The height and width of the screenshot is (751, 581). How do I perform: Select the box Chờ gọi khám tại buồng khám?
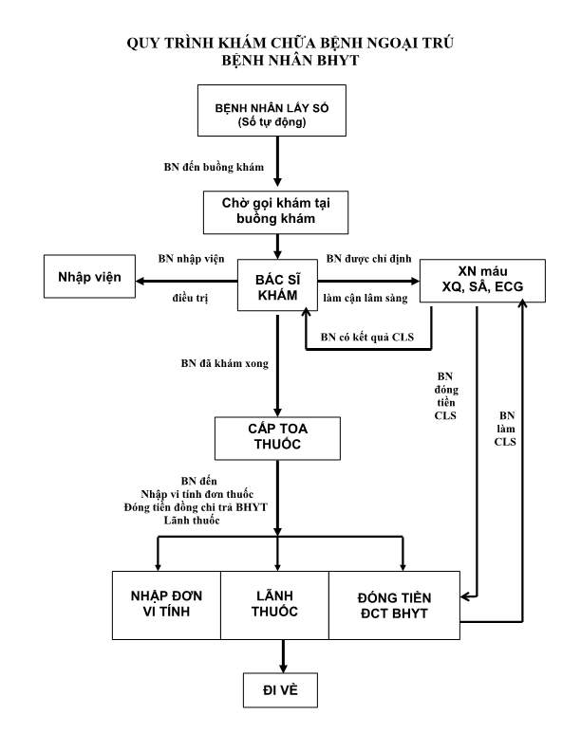coord(276,211)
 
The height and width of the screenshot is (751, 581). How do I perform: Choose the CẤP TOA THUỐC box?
coord(276,436)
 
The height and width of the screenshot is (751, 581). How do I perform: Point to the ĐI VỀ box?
coord(282,690)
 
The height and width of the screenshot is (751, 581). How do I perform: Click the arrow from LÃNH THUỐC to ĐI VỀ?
coord(282,654)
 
